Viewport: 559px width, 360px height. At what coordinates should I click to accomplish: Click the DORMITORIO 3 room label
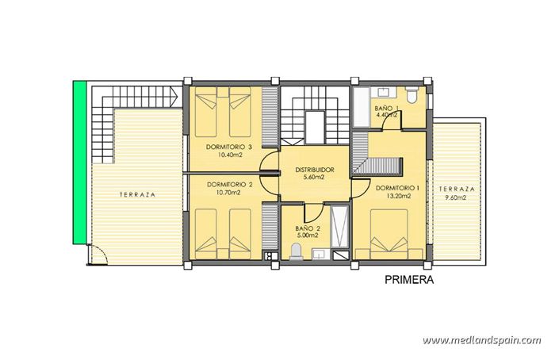pyautogui.click(x=228, y=147)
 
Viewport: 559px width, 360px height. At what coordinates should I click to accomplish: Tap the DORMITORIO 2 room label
pyautogui.click(x=228, y=184)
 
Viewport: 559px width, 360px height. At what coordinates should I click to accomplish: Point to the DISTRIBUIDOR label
pyautogui.click(x=314, y=170)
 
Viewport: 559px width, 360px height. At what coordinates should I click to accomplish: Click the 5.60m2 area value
pyautogui.click(x=315, y=178)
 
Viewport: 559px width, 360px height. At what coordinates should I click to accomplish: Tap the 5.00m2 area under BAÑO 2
pyautogui.click(x=306, y=235)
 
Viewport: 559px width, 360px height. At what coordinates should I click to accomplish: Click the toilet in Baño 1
pyautogui.click(x=412, y=96)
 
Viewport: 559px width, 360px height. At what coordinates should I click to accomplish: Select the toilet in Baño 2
pyautogui.click(x=297, y=251)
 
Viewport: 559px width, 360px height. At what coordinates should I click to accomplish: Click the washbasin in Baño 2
pyautogui.click(x=320, y=255)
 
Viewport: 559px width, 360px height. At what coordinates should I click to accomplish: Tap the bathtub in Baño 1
pyautogui.click(x=361, y=109)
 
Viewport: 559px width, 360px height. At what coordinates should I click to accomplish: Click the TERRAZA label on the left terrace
pyautogui.click(x=137, y=194)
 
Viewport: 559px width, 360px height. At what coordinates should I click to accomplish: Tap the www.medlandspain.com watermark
pyautogui.click(x=481, y=340)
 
